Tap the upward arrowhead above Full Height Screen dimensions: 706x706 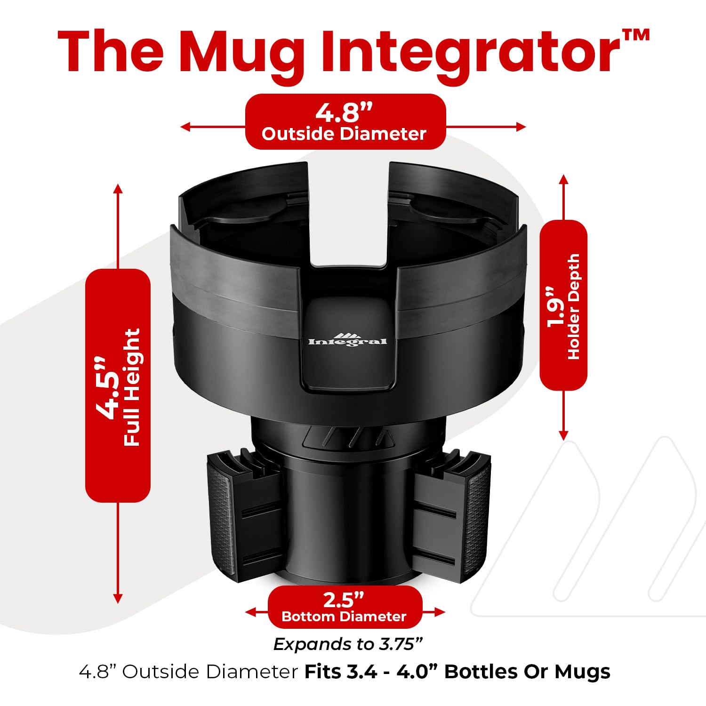click(x=118, y=189)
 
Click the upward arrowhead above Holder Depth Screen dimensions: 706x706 click(x=564, y=179)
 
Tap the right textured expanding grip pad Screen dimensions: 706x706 click(x=477, y=518)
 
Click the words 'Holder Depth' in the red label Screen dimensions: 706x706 click(x=574, y=307)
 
